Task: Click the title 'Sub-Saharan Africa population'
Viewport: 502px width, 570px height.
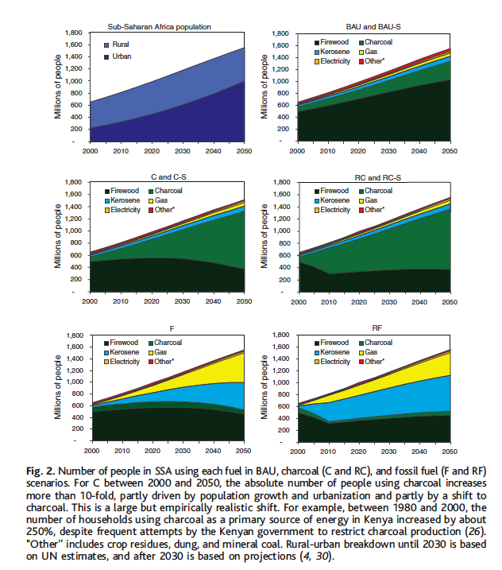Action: [160, 26]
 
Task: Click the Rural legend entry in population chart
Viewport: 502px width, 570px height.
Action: [121, 45]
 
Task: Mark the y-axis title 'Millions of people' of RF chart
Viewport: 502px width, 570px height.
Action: [266, 384]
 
